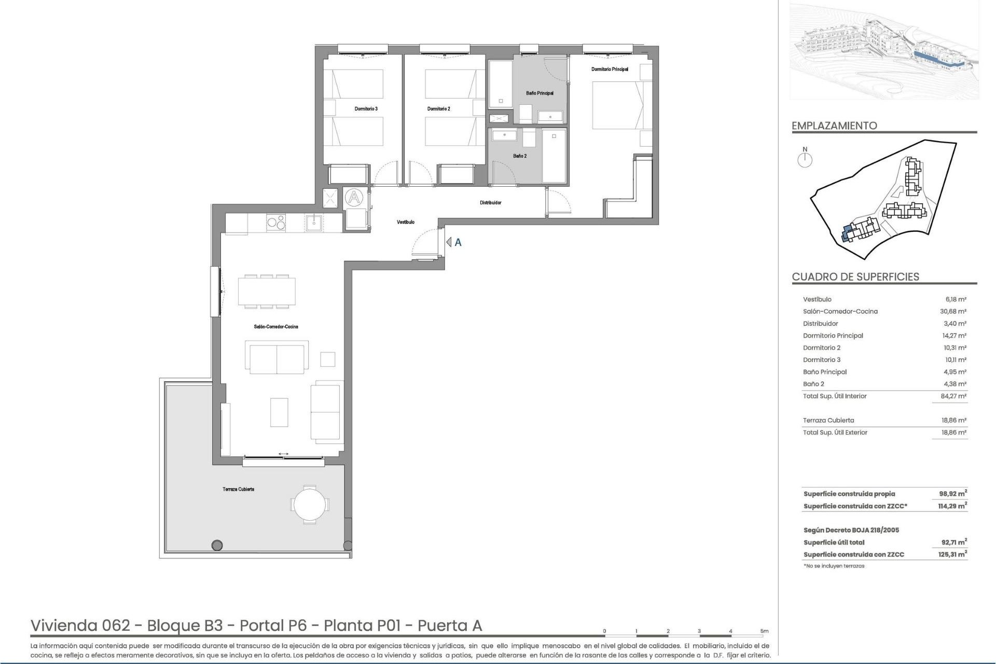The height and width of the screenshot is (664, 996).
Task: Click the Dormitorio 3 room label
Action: point(366,109)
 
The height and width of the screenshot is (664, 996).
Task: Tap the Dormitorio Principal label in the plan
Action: point(610,69)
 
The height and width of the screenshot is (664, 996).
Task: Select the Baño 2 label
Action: point(520,156)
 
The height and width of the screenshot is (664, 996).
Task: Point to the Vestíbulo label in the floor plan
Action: point(406,222)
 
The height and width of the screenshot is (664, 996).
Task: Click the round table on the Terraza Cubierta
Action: point(310,503)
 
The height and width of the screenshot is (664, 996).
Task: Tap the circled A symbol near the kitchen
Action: point(354,197)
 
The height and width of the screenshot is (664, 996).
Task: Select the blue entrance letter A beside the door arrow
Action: point(458,242)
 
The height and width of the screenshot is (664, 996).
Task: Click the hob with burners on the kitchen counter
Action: point(275,223)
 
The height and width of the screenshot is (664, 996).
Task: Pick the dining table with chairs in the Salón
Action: point(267,292)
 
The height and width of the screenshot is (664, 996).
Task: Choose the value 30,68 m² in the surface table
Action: point(954,311)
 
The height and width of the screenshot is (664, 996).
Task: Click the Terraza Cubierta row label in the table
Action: point(828,420)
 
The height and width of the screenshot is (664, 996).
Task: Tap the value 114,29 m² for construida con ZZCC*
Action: point(952,506)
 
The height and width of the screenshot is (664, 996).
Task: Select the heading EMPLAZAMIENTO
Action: point(834,126)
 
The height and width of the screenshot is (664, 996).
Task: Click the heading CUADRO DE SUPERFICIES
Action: point(855,276)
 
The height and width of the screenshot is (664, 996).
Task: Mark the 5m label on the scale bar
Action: point(764,631)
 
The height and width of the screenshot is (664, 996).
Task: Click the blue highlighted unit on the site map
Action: point(846,233)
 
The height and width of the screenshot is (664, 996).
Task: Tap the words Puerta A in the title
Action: point(450,626)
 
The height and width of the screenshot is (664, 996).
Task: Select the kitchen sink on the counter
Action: point(314,223)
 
